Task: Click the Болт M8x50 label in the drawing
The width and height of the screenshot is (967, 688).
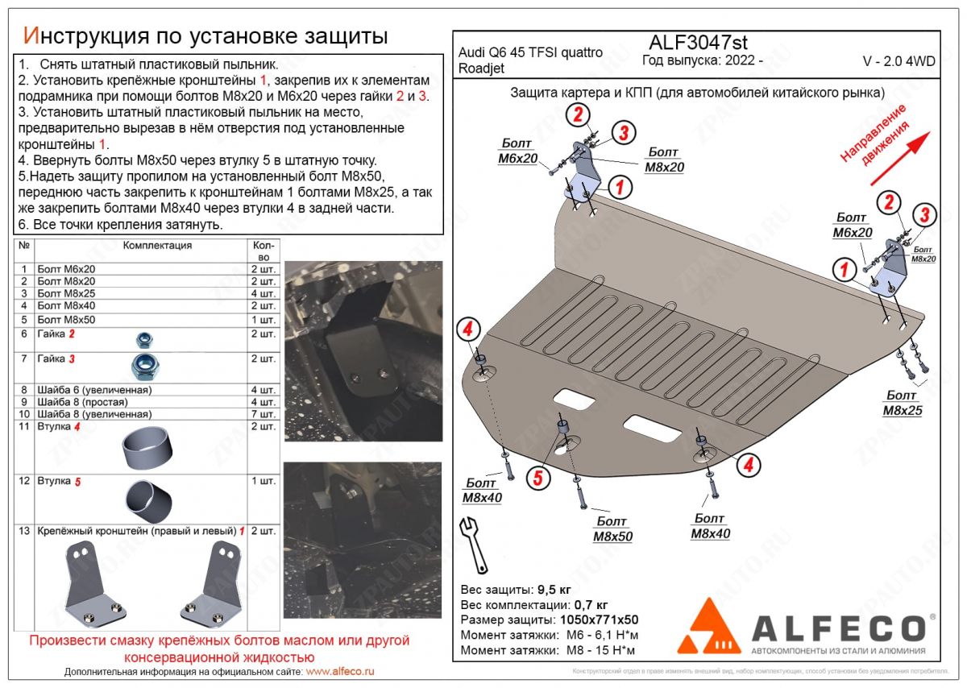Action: pyautogui.click(x=612, y=529)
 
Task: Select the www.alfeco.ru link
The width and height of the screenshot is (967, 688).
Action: pyautogui.click(x=340, y=671)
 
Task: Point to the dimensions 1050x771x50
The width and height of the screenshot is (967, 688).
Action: pyautogui.click(x=597, y=620)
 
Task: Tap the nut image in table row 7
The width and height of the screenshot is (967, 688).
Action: pyautogui.click(x=144, y=367)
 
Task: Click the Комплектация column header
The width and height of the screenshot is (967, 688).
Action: pyautogui.click(x=157, y=246)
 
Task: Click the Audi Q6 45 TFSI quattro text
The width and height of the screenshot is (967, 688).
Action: pyautogui.click(x=530, y=53)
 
